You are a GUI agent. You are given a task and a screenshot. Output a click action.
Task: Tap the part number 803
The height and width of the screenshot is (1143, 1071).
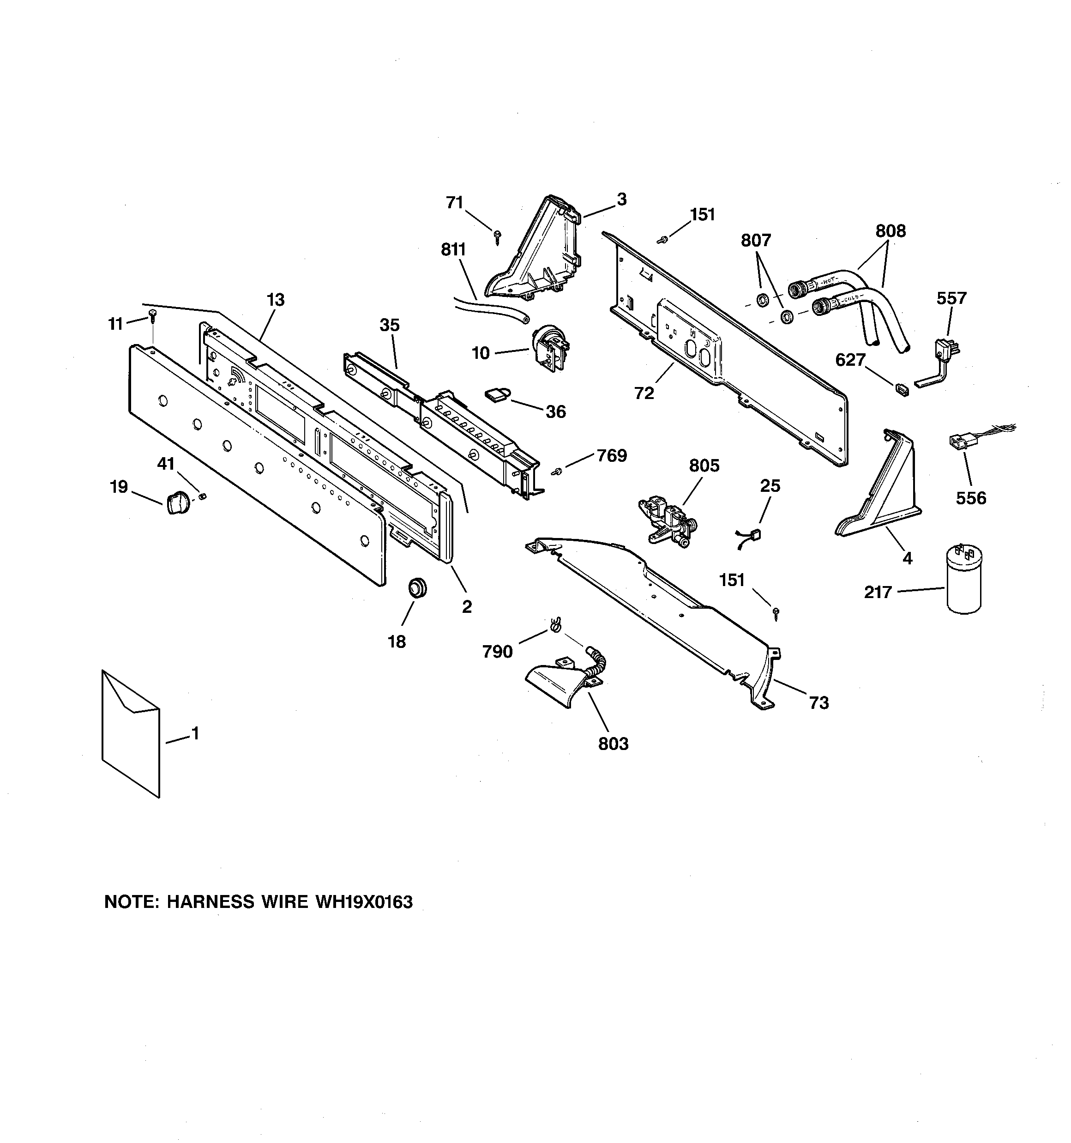click(614, 744)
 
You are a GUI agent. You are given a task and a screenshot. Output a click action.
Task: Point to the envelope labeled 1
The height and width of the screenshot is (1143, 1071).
click(131, 734)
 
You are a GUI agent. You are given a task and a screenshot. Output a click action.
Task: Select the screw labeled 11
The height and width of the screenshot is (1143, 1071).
click(152, 315)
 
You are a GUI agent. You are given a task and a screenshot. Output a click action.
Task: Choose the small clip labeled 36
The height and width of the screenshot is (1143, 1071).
click(498, 394)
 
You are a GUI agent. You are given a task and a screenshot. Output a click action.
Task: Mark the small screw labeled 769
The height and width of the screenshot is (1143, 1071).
click(556, 472)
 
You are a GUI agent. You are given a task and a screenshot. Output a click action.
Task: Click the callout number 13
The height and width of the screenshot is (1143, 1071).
click(276, 300)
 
